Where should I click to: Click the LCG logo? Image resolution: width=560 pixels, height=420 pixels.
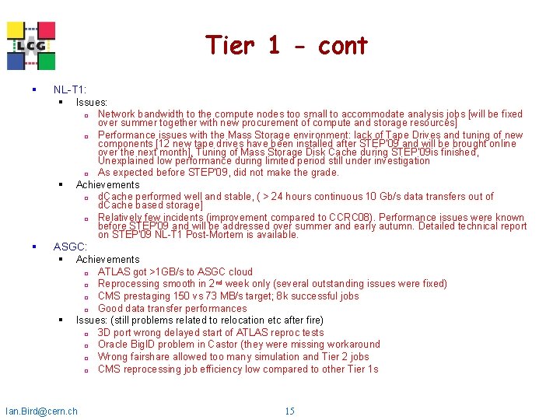(x=32, y=45)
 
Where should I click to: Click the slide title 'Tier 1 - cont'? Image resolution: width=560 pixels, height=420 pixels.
(x=286, y=46)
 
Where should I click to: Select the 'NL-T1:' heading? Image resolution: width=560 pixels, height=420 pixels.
(x=70, y=90)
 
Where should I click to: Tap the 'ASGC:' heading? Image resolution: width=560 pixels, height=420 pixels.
(x=70, y=247)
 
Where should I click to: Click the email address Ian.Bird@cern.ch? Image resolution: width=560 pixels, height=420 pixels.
(x=41, y=411)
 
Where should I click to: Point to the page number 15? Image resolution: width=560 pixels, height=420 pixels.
(x=289, y=411)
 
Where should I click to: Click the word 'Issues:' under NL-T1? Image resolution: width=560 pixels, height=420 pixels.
(x=92, y=102)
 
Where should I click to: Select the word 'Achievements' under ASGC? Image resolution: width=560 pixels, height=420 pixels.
(x=107, y=259)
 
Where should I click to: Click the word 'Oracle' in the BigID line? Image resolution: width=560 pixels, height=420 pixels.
(x=114, y=345)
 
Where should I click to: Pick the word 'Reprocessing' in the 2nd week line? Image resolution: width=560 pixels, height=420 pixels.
(x=128, y=284)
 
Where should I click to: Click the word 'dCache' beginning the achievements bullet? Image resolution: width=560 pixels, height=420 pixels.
(x=115, y=197)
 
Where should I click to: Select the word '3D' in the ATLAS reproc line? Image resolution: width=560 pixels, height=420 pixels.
(x=105, y=333)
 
